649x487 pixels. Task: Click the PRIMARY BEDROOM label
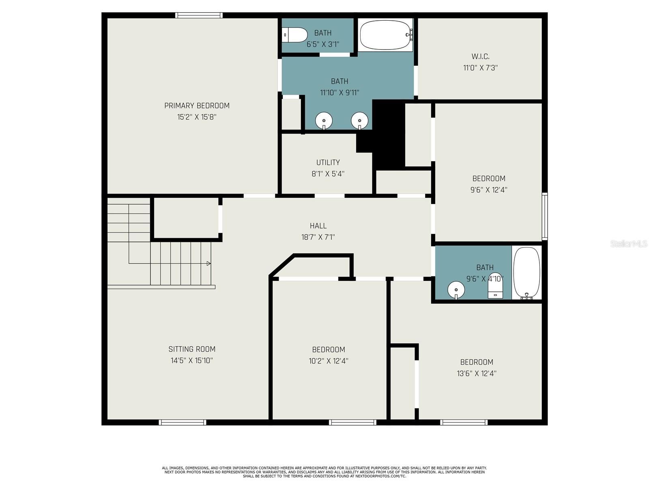pos(197,106)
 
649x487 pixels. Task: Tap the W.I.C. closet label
pos(480,56)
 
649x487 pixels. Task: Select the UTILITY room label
pos(328,162)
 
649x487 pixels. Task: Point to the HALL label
pos(318,226)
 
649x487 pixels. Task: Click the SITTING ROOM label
pos(192,349)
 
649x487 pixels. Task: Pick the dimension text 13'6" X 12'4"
pos(476,373)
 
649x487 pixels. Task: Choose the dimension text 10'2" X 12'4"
pos(329,361)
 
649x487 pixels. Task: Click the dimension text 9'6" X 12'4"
pos(489,190)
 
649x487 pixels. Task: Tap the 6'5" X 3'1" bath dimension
pos(322,44)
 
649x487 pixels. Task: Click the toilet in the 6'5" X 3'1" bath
pos(294,35)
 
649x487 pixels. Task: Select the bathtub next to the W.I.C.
pos(386,35)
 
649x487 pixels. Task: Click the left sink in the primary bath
pos(324,121)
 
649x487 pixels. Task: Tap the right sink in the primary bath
pos(359,121)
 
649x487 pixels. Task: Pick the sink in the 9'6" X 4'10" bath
pos(456,290)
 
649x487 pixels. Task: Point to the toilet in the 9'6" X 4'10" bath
pos(495,286)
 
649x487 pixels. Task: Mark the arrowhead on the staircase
pos(208,263)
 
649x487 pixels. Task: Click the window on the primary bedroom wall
pos(199,15)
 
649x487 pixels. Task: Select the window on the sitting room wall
pos(183,422)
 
